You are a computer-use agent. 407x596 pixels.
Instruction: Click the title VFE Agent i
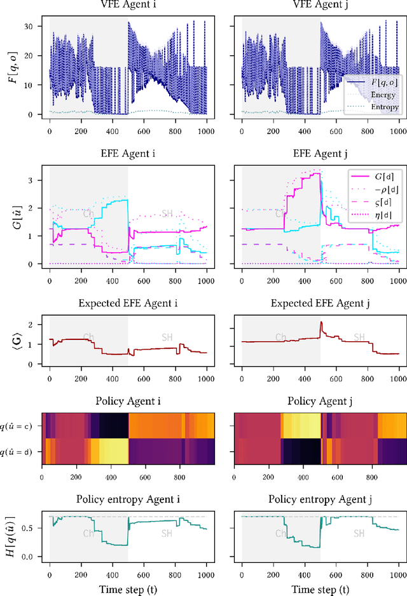[128, 5]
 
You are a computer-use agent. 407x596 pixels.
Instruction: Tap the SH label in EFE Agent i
[167, 231]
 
